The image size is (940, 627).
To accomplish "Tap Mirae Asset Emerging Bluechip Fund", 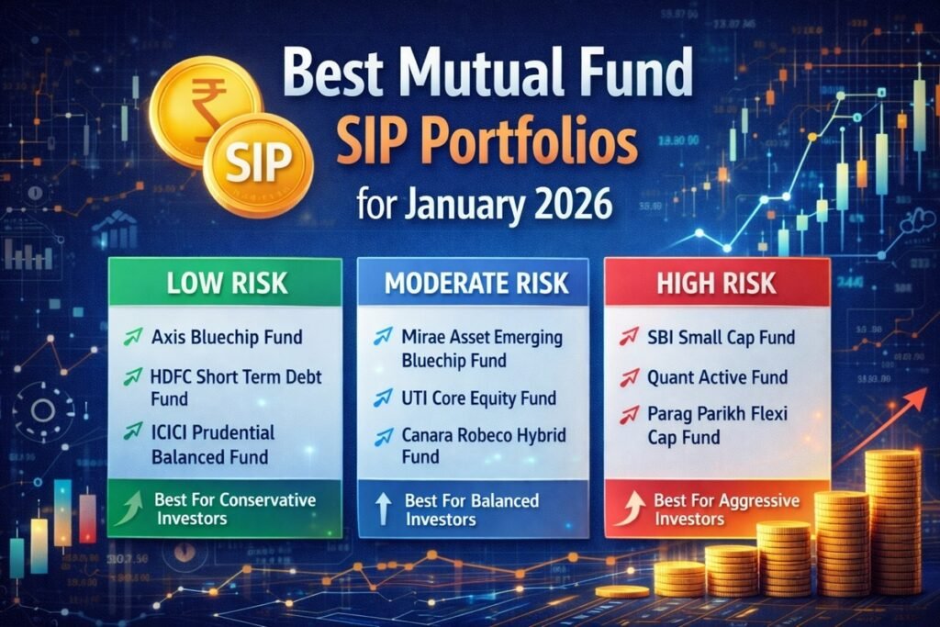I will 481,349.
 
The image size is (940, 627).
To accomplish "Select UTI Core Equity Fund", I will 478,398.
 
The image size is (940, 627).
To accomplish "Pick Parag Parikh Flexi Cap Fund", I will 721,427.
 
